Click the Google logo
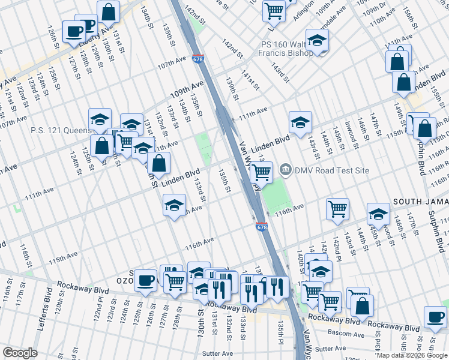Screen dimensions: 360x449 point(20,353)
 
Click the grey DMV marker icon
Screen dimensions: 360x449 point(286,170)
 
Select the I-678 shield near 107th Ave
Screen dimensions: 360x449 point(198,59)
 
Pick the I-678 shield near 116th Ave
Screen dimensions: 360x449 point(262,227)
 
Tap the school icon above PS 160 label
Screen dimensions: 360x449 point(317,40)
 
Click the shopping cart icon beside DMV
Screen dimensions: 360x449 point(261,172)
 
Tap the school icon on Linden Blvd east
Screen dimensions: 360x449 point(300,122)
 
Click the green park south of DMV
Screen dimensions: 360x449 point(274,198)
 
